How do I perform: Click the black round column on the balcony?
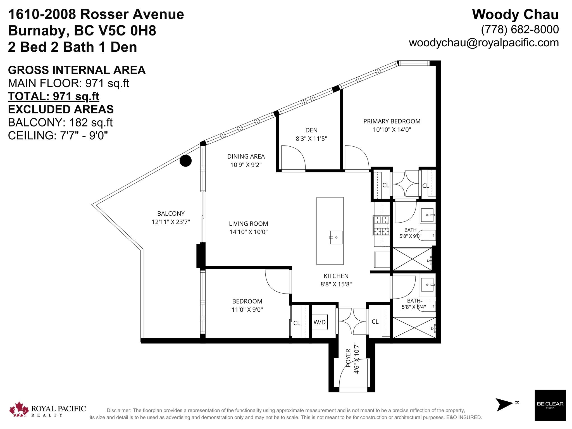click(185, 161)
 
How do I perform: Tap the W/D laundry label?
click(320, 322)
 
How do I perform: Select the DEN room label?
click(311, 130)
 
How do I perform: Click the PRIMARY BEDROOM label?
click(392, 121)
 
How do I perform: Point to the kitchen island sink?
click(336, 237)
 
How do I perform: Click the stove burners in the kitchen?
click(381, 226)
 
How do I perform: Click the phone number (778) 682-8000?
click(520, 29)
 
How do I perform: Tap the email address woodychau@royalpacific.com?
click(484, 43)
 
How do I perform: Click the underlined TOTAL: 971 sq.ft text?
click(54, 96)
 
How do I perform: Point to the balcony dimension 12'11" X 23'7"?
click(171, 222)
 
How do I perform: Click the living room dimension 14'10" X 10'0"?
click(249, 232)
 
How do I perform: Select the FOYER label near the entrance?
click(348, 358)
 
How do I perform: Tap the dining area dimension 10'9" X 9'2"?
click(246, 165)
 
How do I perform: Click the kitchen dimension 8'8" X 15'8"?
click(336, 284)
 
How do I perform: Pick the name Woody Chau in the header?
click(515, 15)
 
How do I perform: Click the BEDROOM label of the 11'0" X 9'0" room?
click(247, 301)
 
